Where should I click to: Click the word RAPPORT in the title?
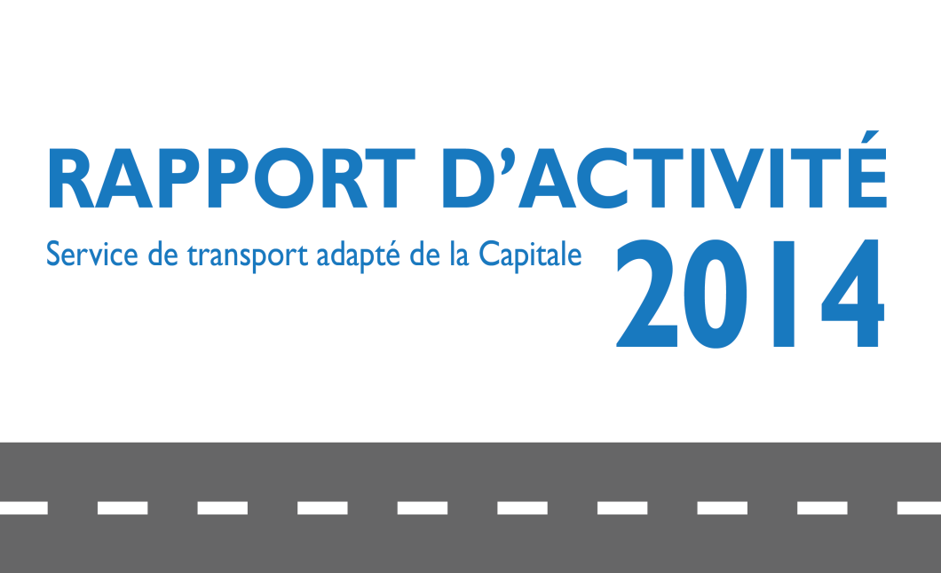pyautogui.click(x=232, y=178)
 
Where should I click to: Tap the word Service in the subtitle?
pyautogui.click(x=91, y=255)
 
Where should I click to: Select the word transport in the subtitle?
pyautogui.click(x=248, y=256)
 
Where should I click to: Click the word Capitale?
pyautogui.click(x=531, y=255)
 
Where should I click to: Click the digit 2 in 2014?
pyautogui.click(x=647, y=293)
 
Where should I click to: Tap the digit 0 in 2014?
pyautogui.click(x=716, y=293)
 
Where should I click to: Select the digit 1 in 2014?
pyautogui.click(x=784, y=294)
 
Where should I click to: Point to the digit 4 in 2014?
pyautogui.click(x=853, y=294)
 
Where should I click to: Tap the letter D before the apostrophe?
pyautogui.click(x=468, y=178)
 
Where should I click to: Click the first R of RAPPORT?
pyautogui.click(x=70, y=178)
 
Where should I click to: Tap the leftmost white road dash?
pyautogui.click(x=24, y=508)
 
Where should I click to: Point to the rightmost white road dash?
pyautogui.click(x=919, y=508)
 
